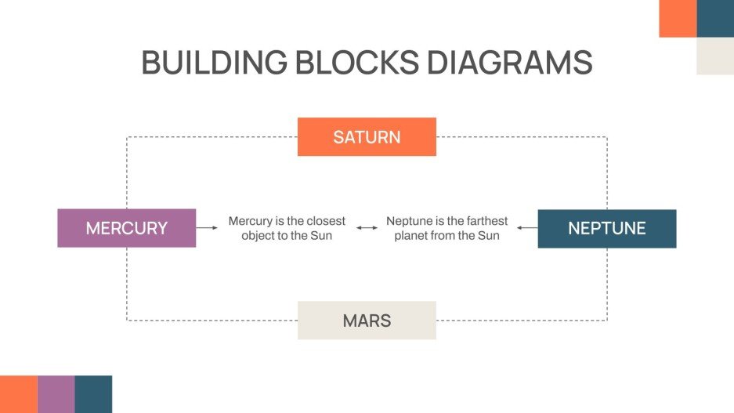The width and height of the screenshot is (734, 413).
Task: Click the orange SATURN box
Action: point(367,137)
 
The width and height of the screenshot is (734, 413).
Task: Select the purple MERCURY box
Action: point(126,228)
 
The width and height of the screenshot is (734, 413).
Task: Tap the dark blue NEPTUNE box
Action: point(606,229)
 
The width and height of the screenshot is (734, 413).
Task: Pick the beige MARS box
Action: point(367,321)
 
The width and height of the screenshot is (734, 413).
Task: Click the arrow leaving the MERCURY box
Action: point(207,228)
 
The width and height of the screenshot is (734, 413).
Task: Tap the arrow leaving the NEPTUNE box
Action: point(527,228)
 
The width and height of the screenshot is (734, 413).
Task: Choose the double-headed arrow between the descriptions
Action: point(366,228)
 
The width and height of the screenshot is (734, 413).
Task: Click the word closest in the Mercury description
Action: point(326,221)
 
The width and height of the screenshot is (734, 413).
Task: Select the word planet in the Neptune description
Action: point(410,235)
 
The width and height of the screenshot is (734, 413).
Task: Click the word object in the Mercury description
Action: point(259,235)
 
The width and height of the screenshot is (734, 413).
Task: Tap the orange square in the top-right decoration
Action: point(678,18)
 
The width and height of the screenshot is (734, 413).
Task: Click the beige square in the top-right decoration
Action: point(714,56)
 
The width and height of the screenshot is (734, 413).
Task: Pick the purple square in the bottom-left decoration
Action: point(56,394)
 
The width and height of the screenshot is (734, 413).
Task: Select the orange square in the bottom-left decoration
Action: point(18,394)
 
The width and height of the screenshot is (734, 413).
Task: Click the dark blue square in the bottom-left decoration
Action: point(93,394)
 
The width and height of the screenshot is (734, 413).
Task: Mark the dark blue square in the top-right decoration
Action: point(714,18)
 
